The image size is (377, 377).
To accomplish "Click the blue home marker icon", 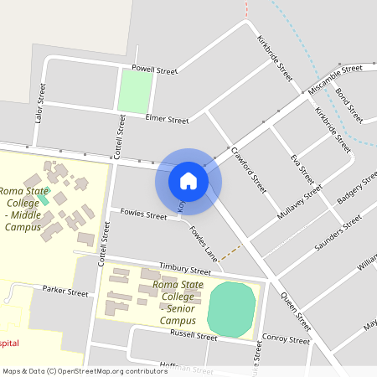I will pos(188,180).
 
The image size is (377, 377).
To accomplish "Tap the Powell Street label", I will pos(155,70).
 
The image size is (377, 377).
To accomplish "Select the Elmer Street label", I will pos(167,120).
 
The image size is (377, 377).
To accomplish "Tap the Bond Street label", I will pos(349,102).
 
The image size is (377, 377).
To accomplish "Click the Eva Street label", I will pos(302,169).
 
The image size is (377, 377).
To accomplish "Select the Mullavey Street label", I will pos(300,203).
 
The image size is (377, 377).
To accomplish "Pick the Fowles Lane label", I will pos(204,244).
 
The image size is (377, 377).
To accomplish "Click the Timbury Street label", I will pos(185,268).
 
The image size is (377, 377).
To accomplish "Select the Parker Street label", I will pos(65,292).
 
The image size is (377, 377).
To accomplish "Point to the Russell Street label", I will pos(194,335).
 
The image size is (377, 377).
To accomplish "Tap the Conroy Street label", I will pos(286,340).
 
